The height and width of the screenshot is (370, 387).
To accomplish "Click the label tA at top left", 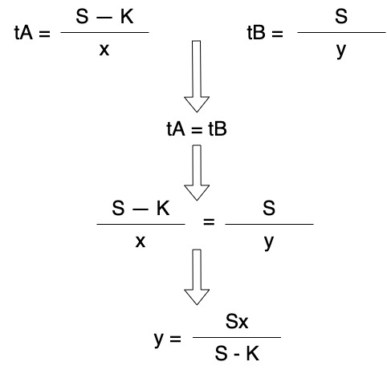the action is coord(23,33).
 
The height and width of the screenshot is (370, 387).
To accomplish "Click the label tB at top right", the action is coord(256,33).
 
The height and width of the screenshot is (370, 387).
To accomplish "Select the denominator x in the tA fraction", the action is coord(104,50).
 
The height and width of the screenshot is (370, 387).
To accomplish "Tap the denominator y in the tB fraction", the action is coord(341,51).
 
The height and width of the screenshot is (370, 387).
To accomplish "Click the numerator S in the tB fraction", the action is coord(341,16).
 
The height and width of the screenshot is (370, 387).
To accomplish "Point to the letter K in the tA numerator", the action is coord(127,17).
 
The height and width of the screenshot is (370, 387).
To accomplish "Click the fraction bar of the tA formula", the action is coord(104,33).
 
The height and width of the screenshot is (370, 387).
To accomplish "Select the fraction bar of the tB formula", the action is coord(341,33).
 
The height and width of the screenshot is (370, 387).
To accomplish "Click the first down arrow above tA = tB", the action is coord(197,76).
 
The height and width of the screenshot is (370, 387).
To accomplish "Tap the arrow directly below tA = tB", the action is coord(197,173).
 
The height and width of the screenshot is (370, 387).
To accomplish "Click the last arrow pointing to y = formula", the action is coord(197,277).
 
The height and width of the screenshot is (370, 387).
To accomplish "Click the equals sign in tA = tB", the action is coord(197,130).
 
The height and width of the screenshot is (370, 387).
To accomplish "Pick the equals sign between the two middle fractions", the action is coord(209,222).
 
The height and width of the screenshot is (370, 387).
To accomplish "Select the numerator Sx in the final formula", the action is coord(237,322).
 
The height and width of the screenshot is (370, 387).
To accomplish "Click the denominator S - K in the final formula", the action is coord(237,353).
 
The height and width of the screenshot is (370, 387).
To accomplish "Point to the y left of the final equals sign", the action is coord(159,340).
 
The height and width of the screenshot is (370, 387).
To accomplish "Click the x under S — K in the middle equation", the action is coord(141,242).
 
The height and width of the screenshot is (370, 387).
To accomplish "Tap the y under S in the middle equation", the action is coord(269,243).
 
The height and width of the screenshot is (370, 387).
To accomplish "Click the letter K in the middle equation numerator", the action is coord(163,208).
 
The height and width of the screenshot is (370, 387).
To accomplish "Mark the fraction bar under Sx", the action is coord(237,337).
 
